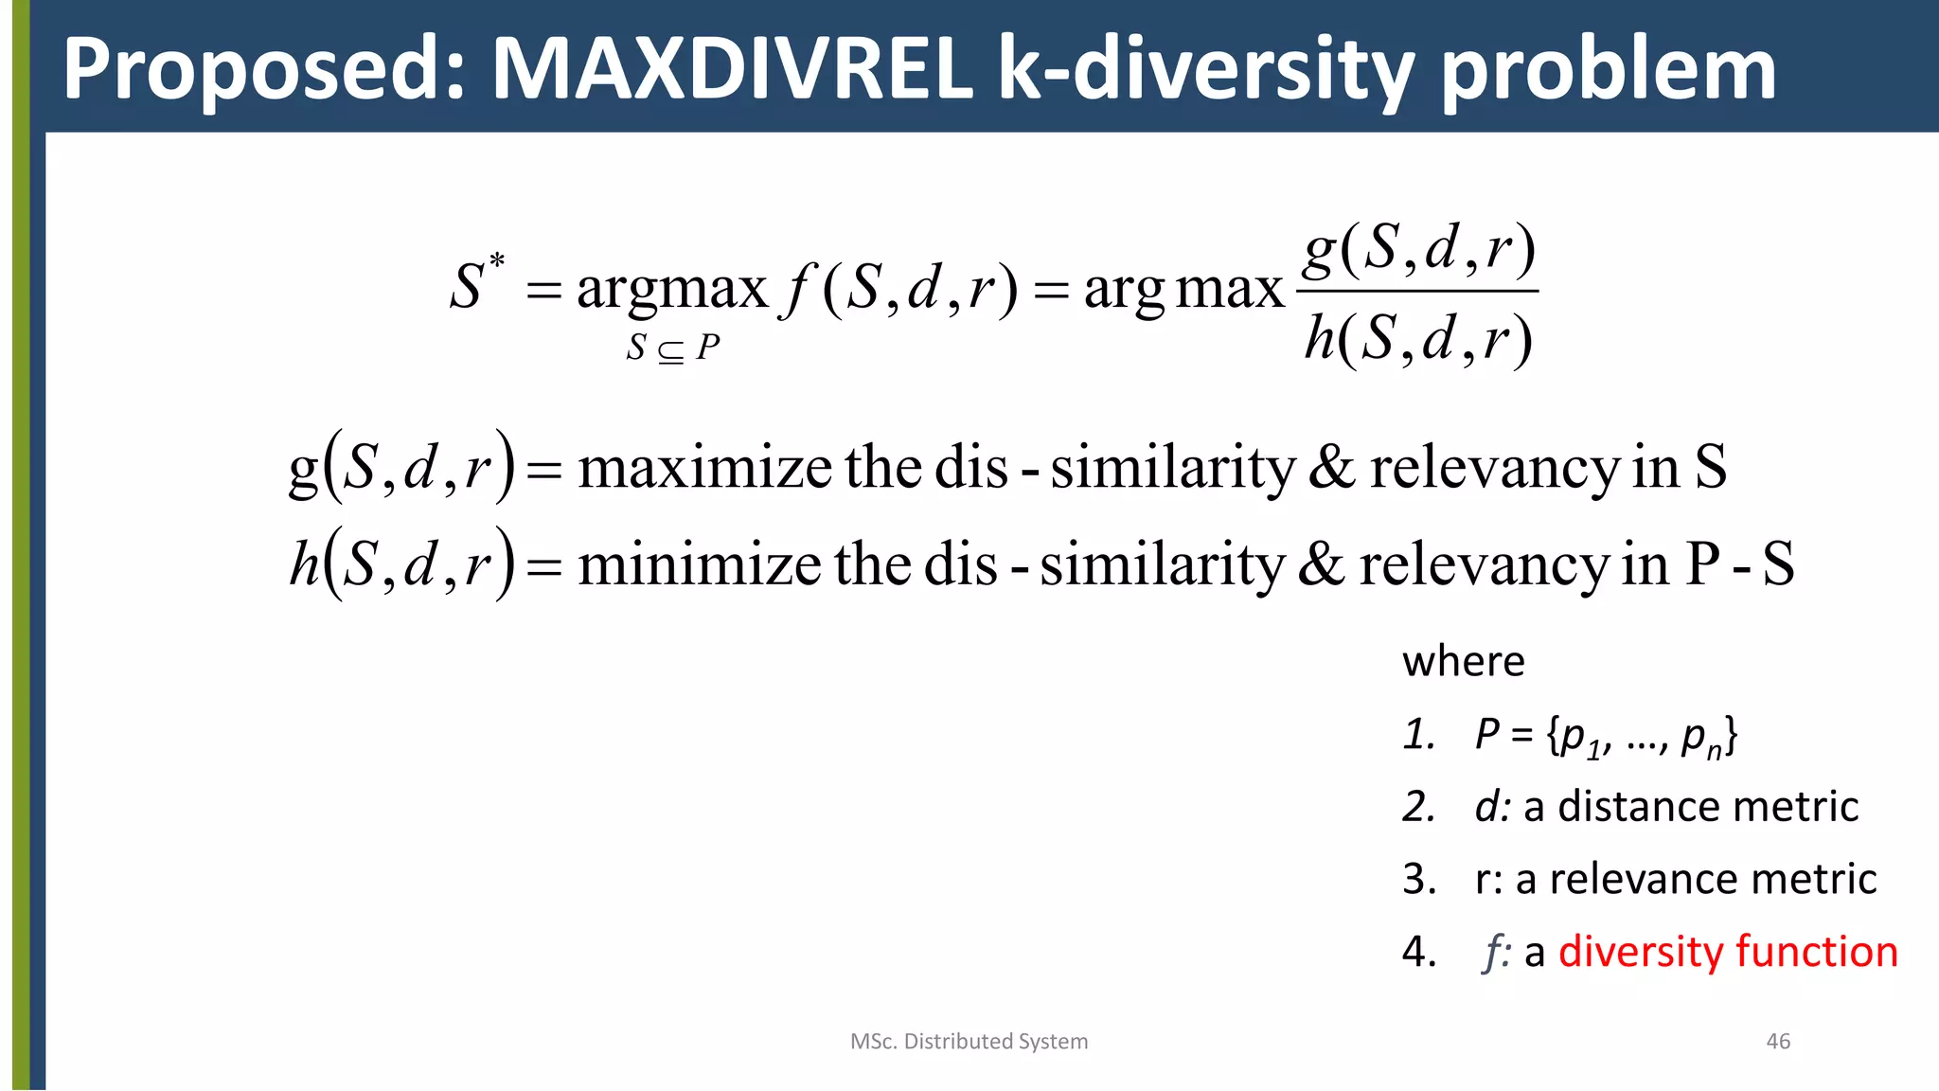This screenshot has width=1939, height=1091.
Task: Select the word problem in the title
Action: click(x=1608, y=71)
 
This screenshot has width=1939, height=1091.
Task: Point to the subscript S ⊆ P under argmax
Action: click(x=673, y=348)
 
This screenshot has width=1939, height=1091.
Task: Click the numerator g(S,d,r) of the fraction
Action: click(x=1417, y=249)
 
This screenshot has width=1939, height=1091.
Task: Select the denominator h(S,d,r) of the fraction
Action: click(x=1417, y=338)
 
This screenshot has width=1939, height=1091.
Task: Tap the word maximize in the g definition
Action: click(x=705, y=468)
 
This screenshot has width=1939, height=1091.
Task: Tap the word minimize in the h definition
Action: click(x=700, y=564)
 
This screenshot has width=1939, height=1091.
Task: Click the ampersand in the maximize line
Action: click(x=1331, y=468)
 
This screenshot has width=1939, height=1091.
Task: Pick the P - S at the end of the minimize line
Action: click(x=1739, y=564)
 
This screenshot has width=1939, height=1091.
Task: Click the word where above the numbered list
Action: click(x=1463, y=661)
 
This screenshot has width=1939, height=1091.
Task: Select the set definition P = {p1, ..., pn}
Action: click(x=1606, y=736)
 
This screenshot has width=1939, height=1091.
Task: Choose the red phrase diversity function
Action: click(x=1728, y=951)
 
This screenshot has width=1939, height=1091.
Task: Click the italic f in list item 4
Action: click(x=1494, y=951)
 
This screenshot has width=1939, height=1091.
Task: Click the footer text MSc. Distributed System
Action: click(x=969, y=1042)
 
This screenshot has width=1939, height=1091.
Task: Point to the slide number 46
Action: click(x=1778, y=1042)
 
